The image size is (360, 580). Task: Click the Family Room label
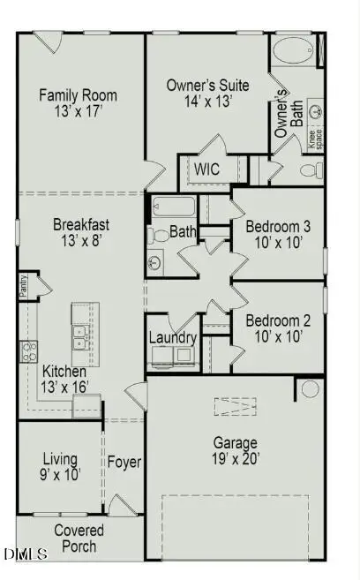point(79,95)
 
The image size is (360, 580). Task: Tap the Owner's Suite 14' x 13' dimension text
point(207,102)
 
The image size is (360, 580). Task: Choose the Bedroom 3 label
point(277,225)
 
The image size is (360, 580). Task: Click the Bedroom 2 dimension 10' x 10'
point(274,336)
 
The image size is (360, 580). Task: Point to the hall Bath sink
point(155,261)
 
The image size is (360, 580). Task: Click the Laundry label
point(171,336)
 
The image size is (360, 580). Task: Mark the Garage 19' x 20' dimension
point(235,458)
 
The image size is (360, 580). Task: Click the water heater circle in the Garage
point(309,388)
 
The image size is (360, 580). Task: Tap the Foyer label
point(124,461)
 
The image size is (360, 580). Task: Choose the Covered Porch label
point(79,538)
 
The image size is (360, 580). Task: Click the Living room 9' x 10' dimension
point(59,475)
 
